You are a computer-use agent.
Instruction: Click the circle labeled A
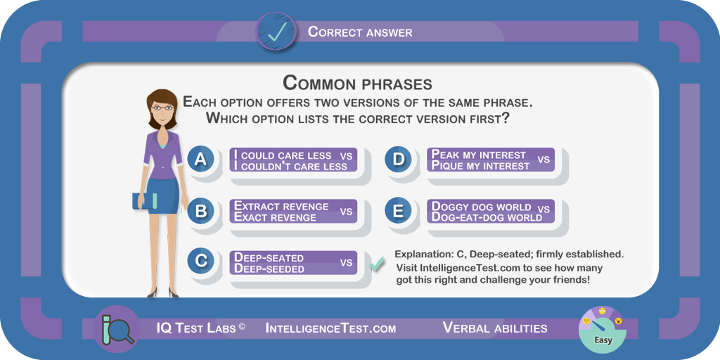point(200,160)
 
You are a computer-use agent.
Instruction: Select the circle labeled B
point(200,211)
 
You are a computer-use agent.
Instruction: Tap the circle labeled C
point(200,261)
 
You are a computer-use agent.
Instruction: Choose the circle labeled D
point(398,160)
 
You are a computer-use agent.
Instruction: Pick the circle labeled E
point(398,211)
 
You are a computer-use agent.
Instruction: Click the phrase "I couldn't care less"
point(290,166)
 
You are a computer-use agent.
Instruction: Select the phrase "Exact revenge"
point(275,217)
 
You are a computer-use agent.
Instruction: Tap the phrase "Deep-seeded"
point(269,269)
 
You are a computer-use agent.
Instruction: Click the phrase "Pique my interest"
point(480,166)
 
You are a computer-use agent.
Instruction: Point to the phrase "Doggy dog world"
point(481,206)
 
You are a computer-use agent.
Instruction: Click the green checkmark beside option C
point(377,264)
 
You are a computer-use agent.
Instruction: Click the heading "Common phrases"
point(357,83)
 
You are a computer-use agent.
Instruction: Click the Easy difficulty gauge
point(603,329)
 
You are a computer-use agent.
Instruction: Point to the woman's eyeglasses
point(162,108)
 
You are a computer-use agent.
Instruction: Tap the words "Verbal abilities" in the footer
point(495,328)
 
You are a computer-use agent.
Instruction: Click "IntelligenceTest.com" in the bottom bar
point(330,328)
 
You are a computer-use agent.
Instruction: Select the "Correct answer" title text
point(360,32)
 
